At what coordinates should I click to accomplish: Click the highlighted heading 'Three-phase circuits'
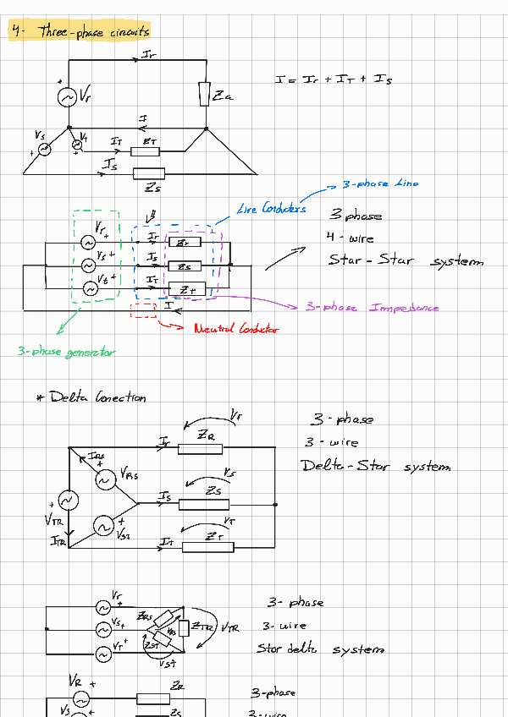(80, 32)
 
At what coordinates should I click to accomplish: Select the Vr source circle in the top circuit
(68, 97)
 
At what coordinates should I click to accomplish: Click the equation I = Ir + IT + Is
(333, 79)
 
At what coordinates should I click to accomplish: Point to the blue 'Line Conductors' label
(272, 209)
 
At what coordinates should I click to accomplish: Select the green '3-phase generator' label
(66, 351)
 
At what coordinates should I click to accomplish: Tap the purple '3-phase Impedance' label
(373, 308)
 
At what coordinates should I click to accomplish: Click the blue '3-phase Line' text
(380, 183)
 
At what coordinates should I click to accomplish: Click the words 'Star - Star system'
(406, 260)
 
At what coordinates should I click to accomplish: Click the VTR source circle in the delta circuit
(67, 501)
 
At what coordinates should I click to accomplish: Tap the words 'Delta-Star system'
(376, 466)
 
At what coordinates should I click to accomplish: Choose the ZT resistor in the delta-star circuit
(208, 545)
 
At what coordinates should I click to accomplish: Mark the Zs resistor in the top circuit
(150, 174)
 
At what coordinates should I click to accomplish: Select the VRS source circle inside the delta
(106, 480)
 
